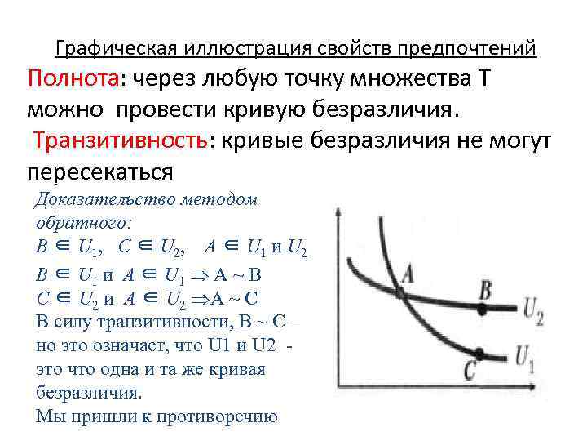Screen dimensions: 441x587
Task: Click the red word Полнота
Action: (x=73, y=81)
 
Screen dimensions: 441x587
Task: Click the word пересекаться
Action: (x=99, y=172)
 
